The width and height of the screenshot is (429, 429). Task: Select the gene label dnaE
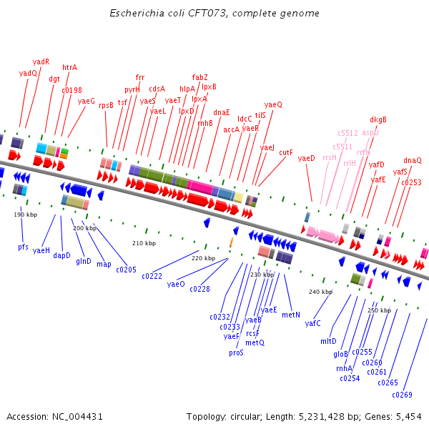coord(222,112)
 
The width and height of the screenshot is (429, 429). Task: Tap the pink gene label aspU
coord(370,133)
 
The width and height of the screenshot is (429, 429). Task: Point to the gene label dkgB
coord(378,119)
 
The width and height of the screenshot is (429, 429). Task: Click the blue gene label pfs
coord(24,247)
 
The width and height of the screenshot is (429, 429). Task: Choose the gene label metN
coord(291,315)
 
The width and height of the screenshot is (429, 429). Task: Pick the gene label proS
coord(236,352)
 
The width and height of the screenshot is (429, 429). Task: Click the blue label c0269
coord(403,395)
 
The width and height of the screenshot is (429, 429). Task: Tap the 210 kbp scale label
coord(144,243)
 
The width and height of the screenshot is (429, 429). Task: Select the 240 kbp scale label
coord(320,292)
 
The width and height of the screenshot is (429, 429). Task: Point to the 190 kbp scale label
coord(25,214)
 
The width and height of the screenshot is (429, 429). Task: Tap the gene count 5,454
coord(408,416)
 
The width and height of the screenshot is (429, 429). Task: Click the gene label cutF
coord(286,152)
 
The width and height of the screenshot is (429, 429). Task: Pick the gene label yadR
coord(41,61)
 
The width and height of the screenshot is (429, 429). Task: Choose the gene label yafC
coord(313,323)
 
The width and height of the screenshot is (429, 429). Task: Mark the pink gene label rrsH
coord(330,157)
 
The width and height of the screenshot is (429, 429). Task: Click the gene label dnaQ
coord(413,160)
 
